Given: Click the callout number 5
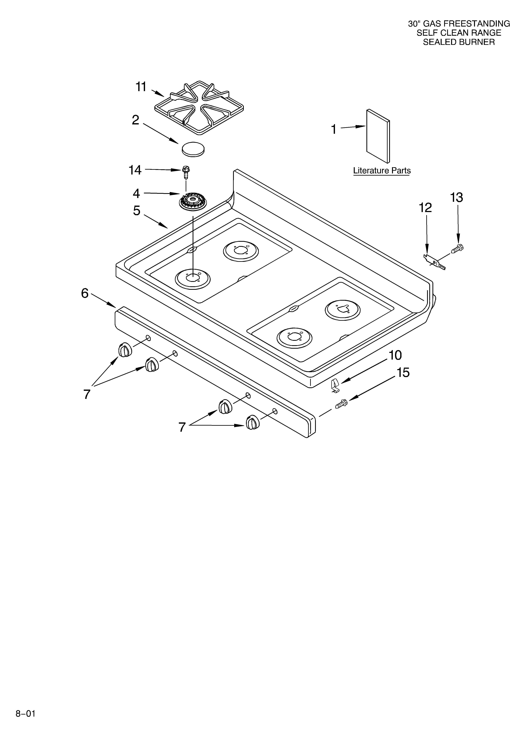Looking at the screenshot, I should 137,211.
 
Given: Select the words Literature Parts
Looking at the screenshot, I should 382,171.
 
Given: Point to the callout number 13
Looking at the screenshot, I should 456,197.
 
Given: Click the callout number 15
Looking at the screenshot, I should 403,373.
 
